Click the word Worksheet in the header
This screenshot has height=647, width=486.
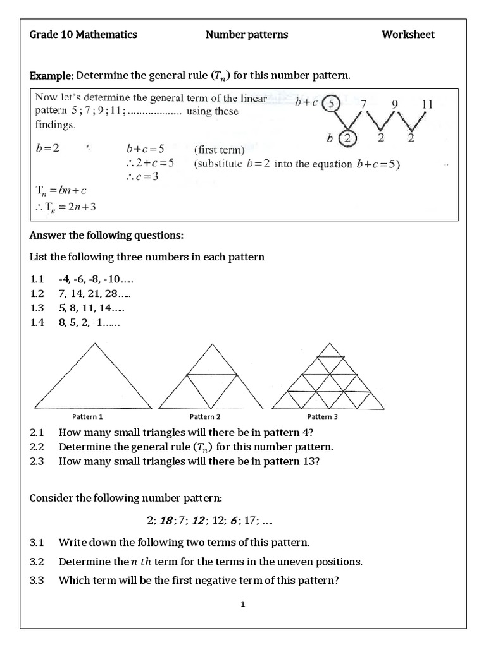(x=408, y=35)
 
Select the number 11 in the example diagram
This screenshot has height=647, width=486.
(x=427, y=104)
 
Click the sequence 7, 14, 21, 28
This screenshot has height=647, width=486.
(x=94, y=294)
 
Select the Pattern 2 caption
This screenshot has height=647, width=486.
(x=205, y=417)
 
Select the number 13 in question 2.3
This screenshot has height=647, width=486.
(x=306, y=461)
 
